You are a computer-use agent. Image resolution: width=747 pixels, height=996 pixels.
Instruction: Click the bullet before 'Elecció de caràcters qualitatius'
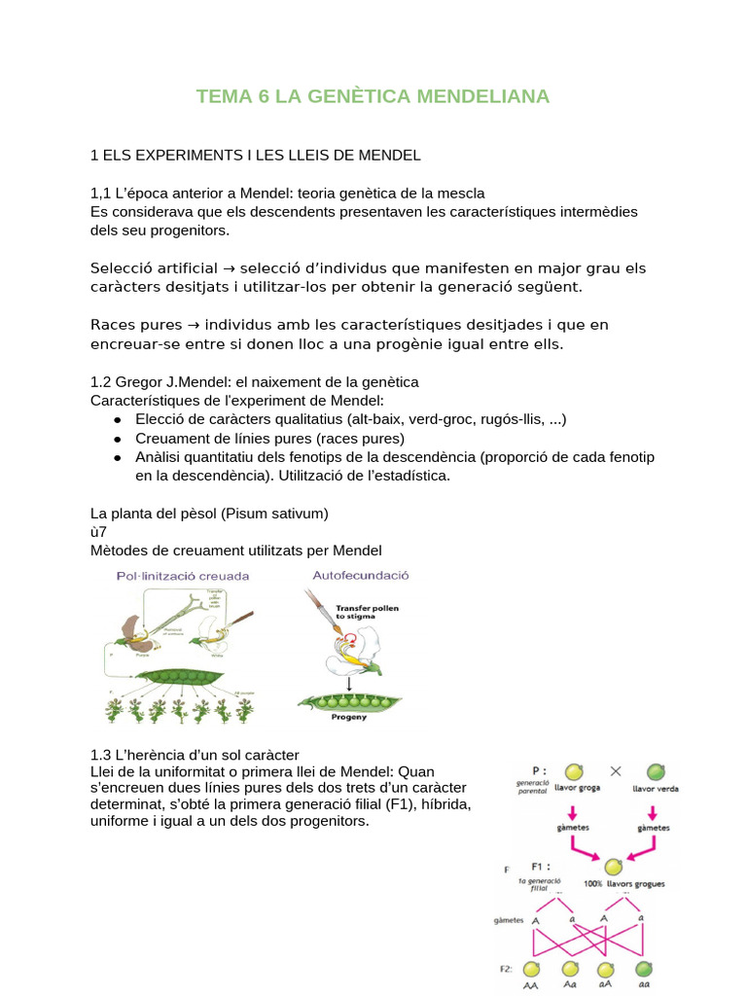tap(117, 419)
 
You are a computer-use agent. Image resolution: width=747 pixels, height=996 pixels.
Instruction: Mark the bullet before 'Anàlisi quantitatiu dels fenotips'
tap(117, 457)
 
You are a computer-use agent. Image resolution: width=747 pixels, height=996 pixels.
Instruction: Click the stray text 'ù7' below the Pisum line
tap(98, 532)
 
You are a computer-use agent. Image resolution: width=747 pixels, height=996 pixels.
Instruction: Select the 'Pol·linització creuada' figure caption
tap(182, 576)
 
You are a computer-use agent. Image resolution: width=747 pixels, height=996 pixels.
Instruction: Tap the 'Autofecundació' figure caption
tap(361, 575)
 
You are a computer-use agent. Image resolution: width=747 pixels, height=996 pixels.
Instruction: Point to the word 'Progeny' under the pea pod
tap(348, 718)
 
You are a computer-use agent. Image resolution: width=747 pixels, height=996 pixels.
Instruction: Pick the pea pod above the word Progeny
tap(348, 700)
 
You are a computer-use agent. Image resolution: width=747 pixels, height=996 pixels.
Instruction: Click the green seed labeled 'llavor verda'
tap(657, 772)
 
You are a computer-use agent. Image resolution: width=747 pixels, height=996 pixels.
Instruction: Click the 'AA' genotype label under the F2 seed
tap(532, 986)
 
